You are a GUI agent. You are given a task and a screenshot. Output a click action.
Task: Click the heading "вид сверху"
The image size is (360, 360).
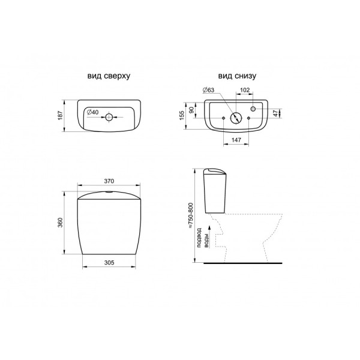(109, 76)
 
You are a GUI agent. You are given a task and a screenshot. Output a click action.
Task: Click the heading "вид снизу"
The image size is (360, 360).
(237, 76)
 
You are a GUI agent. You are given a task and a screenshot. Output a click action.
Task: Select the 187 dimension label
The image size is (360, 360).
(60, 115)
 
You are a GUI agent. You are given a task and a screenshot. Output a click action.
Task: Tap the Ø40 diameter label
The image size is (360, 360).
(93, 112)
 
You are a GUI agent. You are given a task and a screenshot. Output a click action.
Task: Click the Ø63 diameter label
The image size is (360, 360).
(208, 90)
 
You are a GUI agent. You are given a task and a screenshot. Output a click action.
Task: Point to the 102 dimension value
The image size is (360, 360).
(245, 90)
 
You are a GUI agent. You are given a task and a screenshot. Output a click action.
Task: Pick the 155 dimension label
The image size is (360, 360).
(182, 115)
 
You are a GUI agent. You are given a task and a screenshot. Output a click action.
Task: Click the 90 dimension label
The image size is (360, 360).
(191, 110)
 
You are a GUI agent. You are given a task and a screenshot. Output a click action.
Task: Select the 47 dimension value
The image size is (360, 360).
(275, 113)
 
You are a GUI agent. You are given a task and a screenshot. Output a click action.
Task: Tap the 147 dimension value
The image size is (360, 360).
(236, 140)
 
